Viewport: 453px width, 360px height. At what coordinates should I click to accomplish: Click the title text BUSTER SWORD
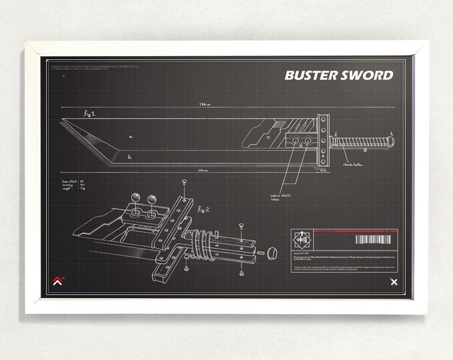(338, 75)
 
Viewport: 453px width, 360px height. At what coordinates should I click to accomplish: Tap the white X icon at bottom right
(394, 283)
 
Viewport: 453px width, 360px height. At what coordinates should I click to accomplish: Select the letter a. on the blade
(131, 137)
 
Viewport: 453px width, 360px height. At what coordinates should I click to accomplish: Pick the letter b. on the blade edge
(129, 157)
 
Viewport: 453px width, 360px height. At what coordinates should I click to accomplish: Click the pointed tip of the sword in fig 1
(65, 121)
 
